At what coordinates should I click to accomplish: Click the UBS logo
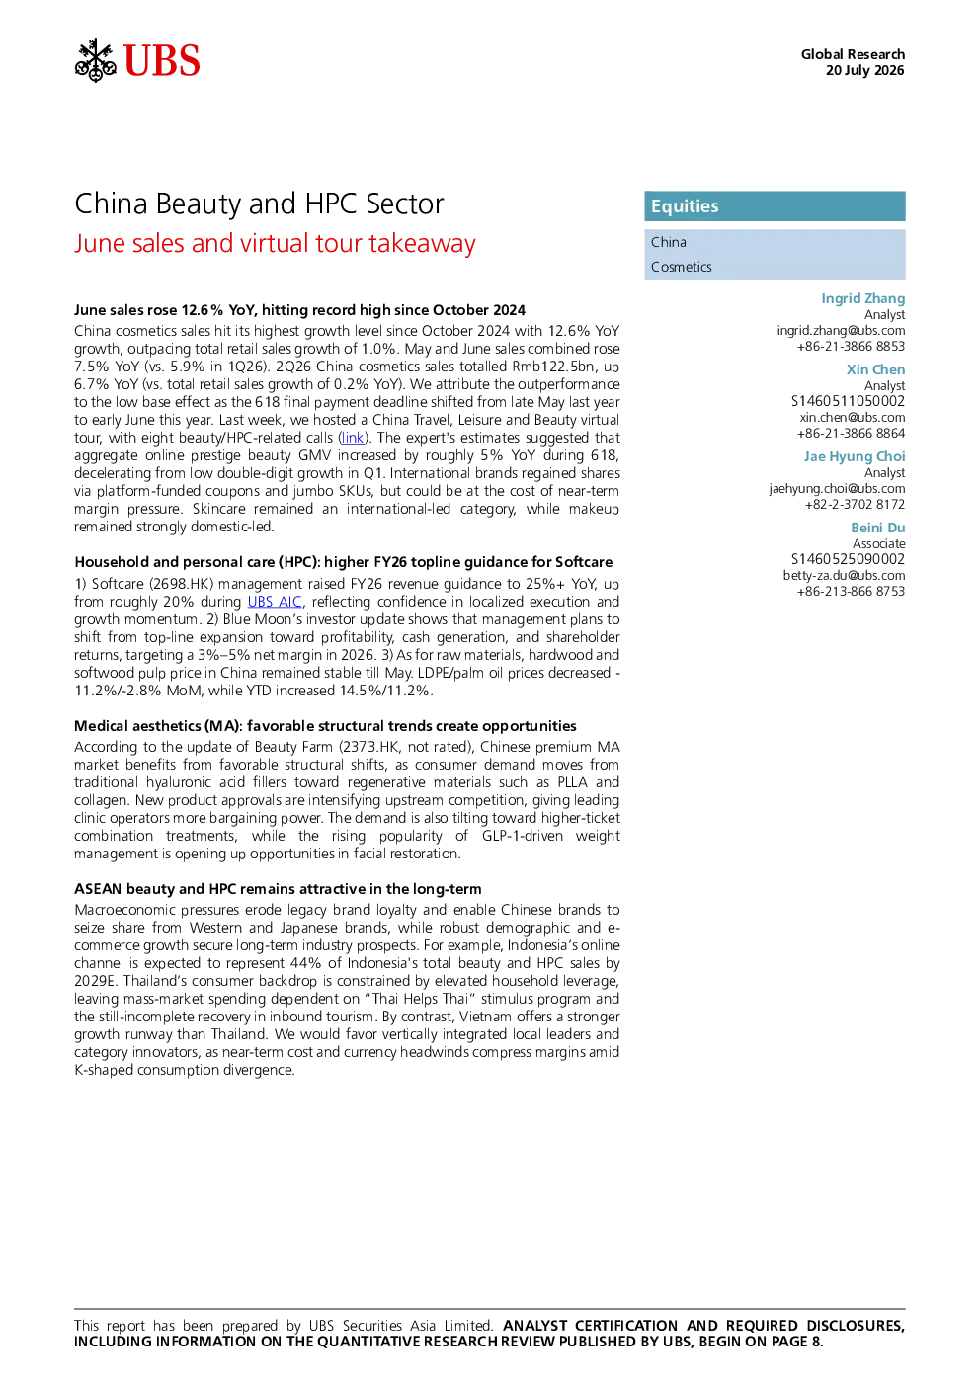click(x=137, y=60)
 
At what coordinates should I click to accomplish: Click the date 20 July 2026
click(x=865, y=70)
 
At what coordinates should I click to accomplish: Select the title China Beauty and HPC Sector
click(x=259, y=204)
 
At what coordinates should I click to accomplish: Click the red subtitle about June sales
click(x=275, y=243)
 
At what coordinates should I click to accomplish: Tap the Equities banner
click(x=775, y=206)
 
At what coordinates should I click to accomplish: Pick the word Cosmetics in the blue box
click(x=682, y=267)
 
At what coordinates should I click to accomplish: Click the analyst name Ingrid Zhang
click(x=863, y=298)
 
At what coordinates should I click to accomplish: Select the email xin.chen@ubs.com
click(x=853, y=417)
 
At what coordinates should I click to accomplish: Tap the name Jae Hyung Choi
click(x=855, y=456)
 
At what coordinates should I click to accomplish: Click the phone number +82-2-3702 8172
click(x=855, y=504)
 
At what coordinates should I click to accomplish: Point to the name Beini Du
click(x=878, y=528)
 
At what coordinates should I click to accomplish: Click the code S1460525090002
click(x=849, y=559)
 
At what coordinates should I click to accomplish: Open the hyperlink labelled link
click(x=353, y=438)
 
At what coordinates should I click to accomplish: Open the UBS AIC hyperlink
click(x=275, y=602)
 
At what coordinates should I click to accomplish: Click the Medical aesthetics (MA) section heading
click(x=325, y=726)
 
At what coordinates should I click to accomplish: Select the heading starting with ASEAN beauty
click(x=278, y=889)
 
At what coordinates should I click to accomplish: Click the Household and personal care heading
click(x=344, y=562)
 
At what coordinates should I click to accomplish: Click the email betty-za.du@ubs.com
click(x=844, y=575)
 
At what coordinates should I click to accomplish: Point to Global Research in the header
click(x=854, y=54)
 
